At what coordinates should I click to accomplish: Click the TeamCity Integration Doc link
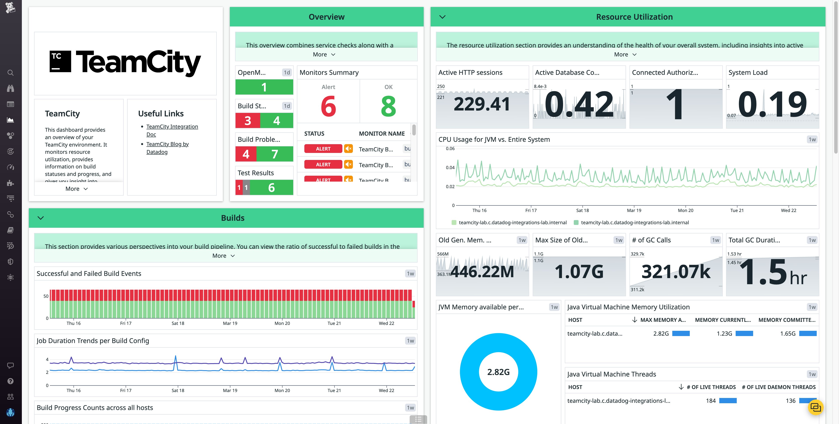point(172,126)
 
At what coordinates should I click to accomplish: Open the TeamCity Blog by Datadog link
point(167,144)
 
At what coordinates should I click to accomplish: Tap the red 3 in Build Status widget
point(248,121)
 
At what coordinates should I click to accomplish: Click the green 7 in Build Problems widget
point(275,154)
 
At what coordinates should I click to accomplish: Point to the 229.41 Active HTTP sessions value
point(482,104)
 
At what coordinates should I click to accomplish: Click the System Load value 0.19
point(772,104)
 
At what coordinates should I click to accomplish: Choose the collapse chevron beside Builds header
point(41,218)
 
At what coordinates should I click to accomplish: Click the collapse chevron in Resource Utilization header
point(442,17)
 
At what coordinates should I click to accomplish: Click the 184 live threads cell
point(711,401)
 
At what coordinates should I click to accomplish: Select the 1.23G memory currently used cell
point(724,333)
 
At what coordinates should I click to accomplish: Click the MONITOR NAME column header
point(382,134)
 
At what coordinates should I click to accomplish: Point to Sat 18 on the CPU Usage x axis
point(582,210)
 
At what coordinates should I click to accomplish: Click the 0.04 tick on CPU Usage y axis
point(450,168)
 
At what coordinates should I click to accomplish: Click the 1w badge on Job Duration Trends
point(410,341)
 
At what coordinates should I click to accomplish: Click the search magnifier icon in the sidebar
point(10,73)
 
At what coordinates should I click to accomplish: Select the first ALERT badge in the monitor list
point(323,149)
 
